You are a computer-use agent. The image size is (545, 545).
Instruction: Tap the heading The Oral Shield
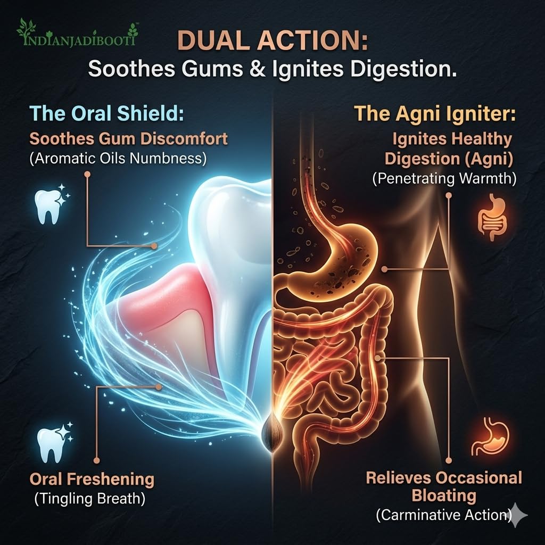(x=106, y=114)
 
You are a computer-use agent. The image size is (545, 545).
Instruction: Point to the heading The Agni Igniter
(x=435, y=114)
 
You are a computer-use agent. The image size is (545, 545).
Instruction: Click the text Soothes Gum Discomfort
(x=129, y=139)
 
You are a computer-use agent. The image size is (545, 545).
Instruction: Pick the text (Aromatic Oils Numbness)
(x=118, y=158)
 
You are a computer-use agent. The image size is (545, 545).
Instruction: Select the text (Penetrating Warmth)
(x=444, y=179)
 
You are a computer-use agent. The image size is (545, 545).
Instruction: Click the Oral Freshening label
(x=92, y=479)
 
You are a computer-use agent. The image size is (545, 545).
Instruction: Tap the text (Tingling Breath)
(x=89, y=499)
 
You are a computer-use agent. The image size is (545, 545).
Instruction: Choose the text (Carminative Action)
(x=444, y=515)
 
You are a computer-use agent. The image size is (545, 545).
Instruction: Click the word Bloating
(x=444, y=496)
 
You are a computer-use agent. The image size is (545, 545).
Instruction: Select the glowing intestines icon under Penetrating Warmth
(x=492, y=218)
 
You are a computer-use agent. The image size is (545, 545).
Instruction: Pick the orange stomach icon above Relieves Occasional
(x=490, y=436)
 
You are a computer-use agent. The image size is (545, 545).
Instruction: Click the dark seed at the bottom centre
(x=270, y=433)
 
